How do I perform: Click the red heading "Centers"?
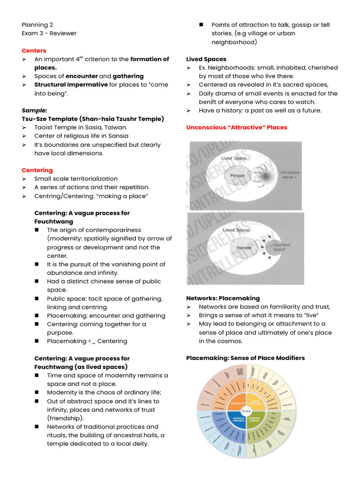(x=34, y=51)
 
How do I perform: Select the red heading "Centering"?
(x=37, y=170)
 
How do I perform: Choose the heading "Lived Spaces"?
(x=206, y=59)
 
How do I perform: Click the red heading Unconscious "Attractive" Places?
(x=236, y=127)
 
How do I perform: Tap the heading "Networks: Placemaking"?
(x=223, y=298)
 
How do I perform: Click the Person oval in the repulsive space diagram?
(x=244, y=247)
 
